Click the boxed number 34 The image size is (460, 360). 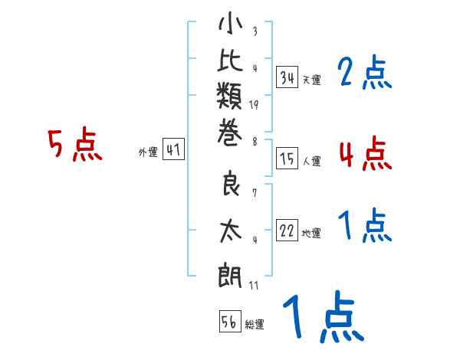click(x=287, y=77)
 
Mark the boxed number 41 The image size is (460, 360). click(x=173, y=151)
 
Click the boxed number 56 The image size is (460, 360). click(x=229, y=322)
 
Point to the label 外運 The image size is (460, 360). click(x=148, y=152)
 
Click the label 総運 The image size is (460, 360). click(x=255, y=325)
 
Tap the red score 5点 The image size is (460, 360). click(x=75, y=146)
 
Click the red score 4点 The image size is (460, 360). click(x=365, y=153)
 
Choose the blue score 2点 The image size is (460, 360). click(x=365, y=74)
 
